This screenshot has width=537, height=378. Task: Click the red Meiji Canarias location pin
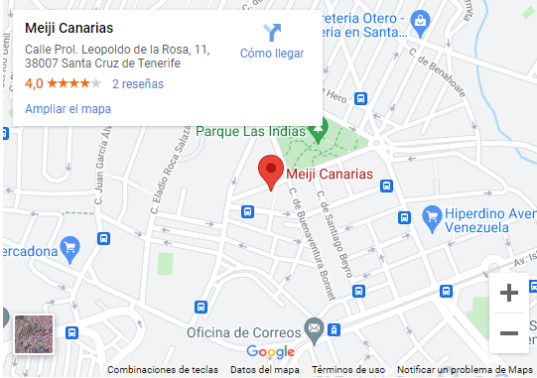[270, 171]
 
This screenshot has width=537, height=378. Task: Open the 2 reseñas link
[138, 84]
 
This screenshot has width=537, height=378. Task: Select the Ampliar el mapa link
[67, 109]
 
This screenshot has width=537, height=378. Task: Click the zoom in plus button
[509, 293]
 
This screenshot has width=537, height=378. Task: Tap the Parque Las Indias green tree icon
[319, 130]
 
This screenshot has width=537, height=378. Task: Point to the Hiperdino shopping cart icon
[432, 215]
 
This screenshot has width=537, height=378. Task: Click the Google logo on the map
[270, 351]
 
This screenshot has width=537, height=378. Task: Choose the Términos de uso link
[347, 370]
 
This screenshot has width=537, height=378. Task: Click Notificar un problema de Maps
[466, 370]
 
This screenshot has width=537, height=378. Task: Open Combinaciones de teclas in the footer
[163, 370]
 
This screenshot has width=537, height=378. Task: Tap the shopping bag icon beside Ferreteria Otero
[421, 19]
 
